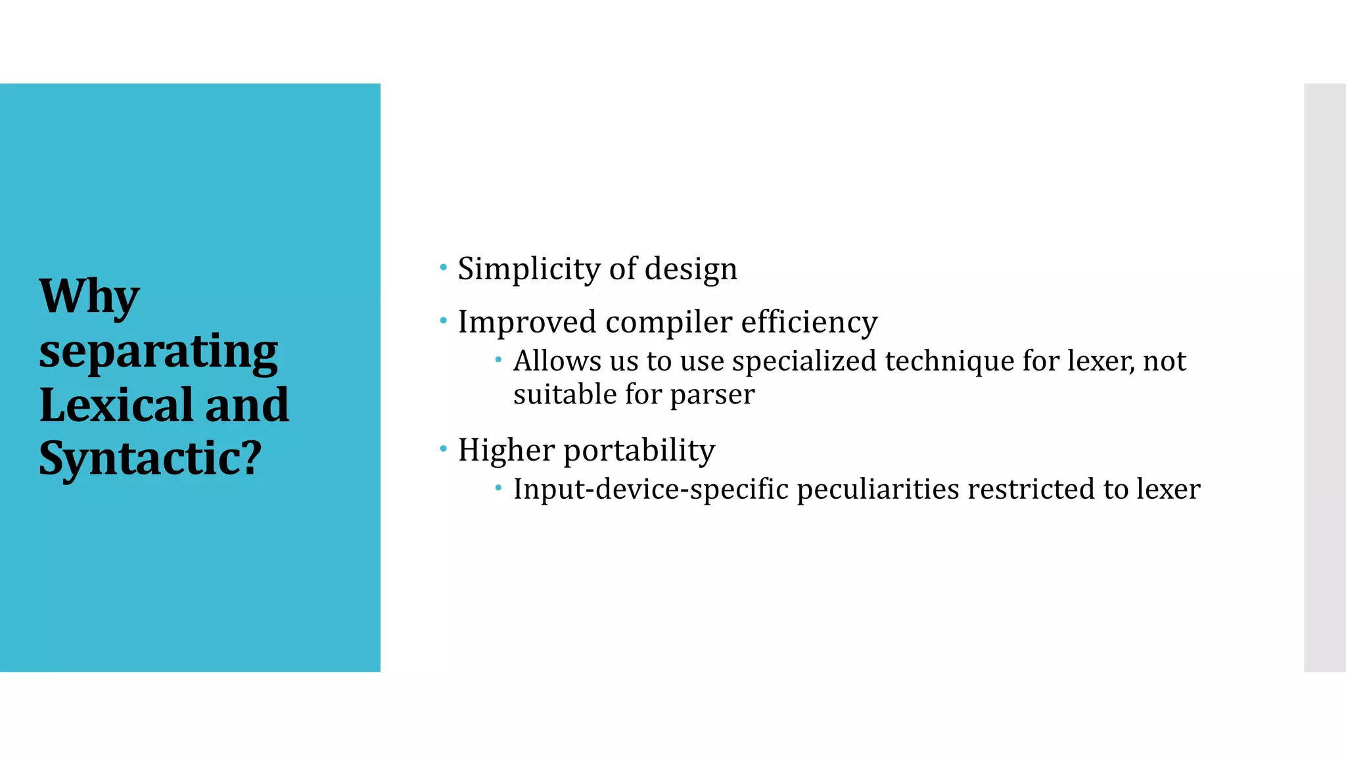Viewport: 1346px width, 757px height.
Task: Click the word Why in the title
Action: pyautogui.click(x=89, y=296)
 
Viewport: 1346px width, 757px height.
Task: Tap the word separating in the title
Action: pyautogui.click(x=158, y=352)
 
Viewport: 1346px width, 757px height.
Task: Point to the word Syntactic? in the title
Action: pyautogui.click(x=151, y=458)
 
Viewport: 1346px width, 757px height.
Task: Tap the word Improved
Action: pyautogui.click(x=527, y=323)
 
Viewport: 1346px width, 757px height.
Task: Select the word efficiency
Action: pyautogui.click(x=809, y=323)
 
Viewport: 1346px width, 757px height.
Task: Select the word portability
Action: pyautogui.click(x=639, y=451)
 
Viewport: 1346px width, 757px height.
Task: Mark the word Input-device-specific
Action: pyautogui.click(x=651, y=490)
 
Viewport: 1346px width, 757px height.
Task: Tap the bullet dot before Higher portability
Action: pyautogui.click(x=444, y=449)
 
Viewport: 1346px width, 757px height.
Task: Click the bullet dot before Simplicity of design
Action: pyautogui.click(x=444, y=267)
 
